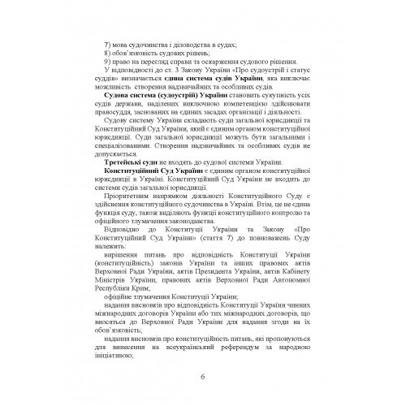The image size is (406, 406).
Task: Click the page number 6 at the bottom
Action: (203, 375)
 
